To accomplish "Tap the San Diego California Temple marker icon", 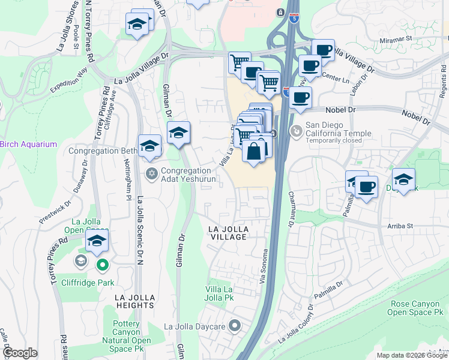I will click(296, 130).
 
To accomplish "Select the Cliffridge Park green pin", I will click(102, 264).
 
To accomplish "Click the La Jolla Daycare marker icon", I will click(235, 326).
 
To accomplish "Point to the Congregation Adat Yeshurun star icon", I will click(152, 173).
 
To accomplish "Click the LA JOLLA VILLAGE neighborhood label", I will click(228, 233).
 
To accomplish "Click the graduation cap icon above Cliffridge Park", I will click(96, 242).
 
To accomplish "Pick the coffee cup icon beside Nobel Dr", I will click(301, 97).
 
